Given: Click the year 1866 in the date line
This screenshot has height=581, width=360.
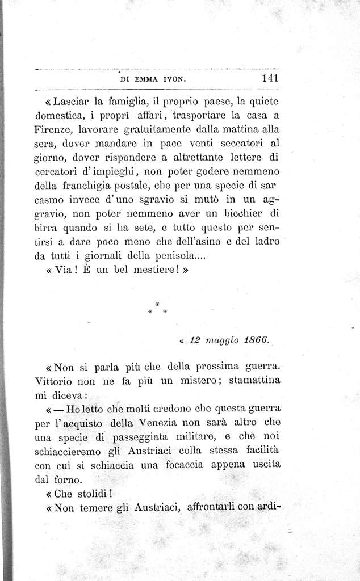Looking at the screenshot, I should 254,341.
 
